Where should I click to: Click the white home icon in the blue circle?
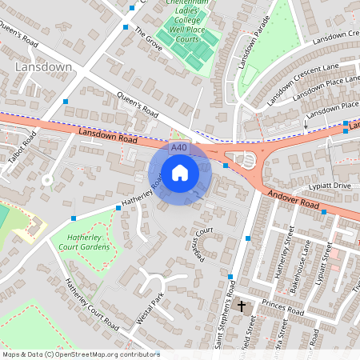pos(180,172)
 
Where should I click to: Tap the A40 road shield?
pos(179,147)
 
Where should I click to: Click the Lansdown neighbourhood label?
pos(43,68)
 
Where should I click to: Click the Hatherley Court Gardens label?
pos(79,242)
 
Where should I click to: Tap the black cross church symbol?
pos(242,306)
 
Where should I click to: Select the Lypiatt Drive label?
pos(331,186)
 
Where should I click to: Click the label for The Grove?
pos(149,38)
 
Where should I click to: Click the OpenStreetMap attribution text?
pos(80,354)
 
